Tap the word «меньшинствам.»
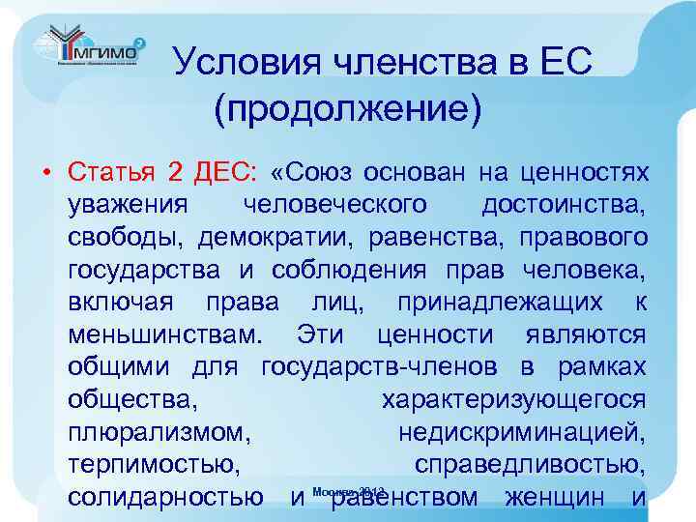click(165, 334)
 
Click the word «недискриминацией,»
click(522, 432)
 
